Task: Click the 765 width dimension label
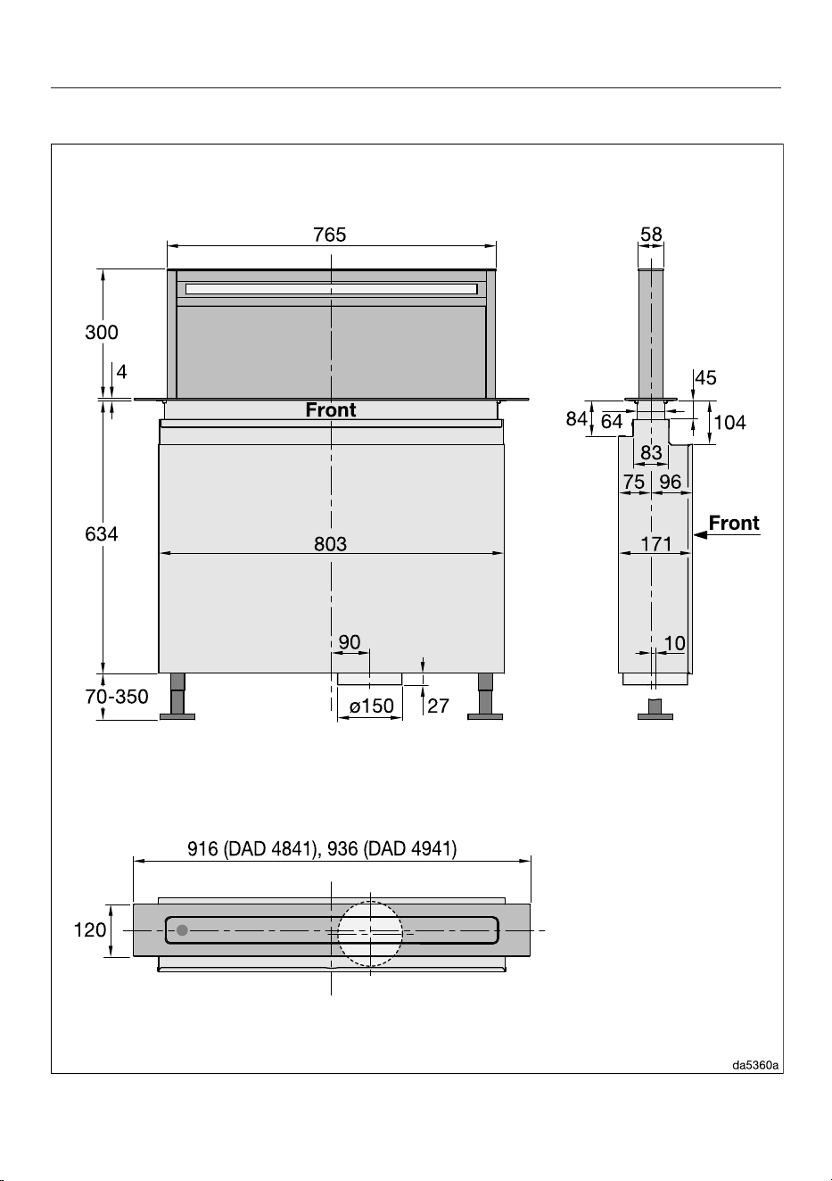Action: tap(330, 235)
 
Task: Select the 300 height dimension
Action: tap(102, 332)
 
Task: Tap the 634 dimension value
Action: tap(102, 534)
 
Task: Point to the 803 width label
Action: tap(330, 543)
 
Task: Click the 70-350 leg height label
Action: tap(117, 697)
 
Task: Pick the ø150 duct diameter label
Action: tap(372, 706)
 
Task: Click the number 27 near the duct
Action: tap(438, 706)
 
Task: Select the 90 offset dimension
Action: tap(349, 641)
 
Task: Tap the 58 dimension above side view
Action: tap(651, 234)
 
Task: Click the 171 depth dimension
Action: tap(656, 543)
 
